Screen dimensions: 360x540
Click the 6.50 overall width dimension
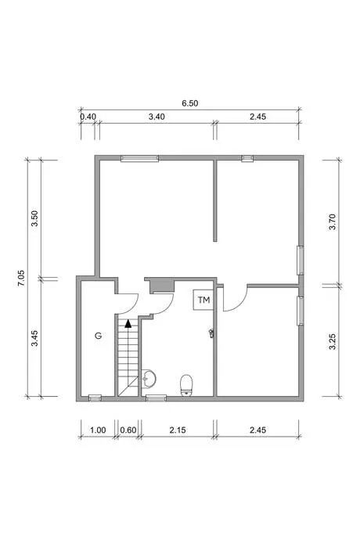190,103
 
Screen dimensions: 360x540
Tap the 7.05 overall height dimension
21,278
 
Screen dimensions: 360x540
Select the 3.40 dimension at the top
157,117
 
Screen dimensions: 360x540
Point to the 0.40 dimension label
88,117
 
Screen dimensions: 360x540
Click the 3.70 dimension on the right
332,222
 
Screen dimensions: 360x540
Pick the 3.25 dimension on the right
332,341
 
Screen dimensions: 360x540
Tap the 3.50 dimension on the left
34,218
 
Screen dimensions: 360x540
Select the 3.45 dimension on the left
34,339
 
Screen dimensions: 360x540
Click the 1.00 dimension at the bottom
98,430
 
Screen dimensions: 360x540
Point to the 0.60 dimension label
128,430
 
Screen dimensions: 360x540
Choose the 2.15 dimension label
178,430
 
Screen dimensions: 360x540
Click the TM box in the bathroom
203,300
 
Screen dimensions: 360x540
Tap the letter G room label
99,336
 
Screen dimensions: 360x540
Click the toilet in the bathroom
186,385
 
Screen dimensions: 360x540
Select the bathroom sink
149,379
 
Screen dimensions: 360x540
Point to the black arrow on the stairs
128,323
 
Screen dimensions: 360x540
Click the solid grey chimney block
162,286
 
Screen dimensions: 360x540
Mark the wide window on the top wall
139,158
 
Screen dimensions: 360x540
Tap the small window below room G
95,398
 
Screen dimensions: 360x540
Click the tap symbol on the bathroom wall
211,333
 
